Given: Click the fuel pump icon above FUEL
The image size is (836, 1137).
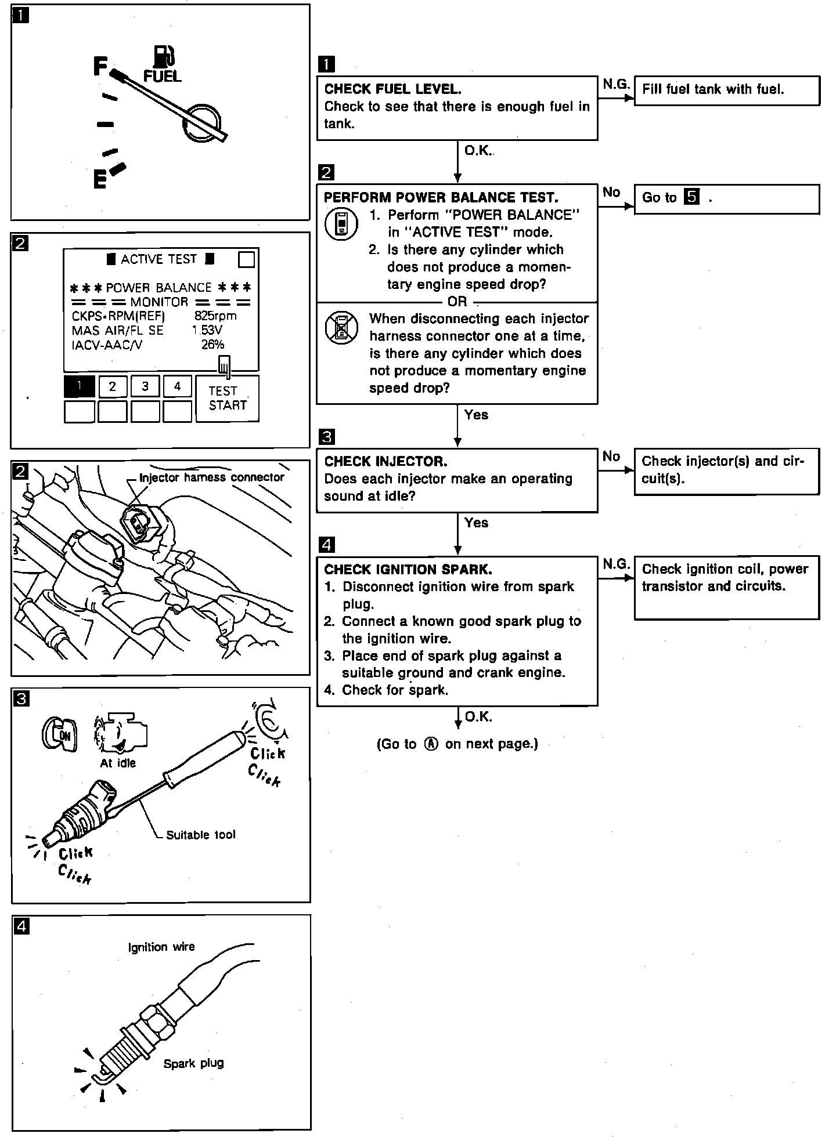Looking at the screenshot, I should (164, 56).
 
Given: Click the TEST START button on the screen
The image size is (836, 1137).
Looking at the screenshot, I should (227, 399).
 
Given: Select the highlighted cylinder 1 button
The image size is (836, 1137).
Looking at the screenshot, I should (79, 386).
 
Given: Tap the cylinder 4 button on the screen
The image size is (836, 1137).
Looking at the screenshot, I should (178, 386).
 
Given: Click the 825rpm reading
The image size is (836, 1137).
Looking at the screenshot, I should (215, 316).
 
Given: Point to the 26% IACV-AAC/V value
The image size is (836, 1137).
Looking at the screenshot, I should (212, 345).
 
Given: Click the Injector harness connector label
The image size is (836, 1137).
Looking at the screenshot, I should (212, 477).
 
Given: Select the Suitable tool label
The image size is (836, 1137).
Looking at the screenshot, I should (201, 835).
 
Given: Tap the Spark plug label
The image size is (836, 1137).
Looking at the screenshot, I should (193, 1063).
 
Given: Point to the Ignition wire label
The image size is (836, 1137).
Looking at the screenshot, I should (161, 947).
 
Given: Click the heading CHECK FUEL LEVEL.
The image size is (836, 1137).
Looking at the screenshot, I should (393, 89).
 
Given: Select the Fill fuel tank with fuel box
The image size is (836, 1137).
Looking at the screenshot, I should (727, 90).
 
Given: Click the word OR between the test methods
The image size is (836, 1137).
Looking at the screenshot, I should (457, 302).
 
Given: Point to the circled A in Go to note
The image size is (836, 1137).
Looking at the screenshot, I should (431, 744).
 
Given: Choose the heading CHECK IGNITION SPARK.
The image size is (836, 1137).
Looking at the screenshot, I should (408, 569).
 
